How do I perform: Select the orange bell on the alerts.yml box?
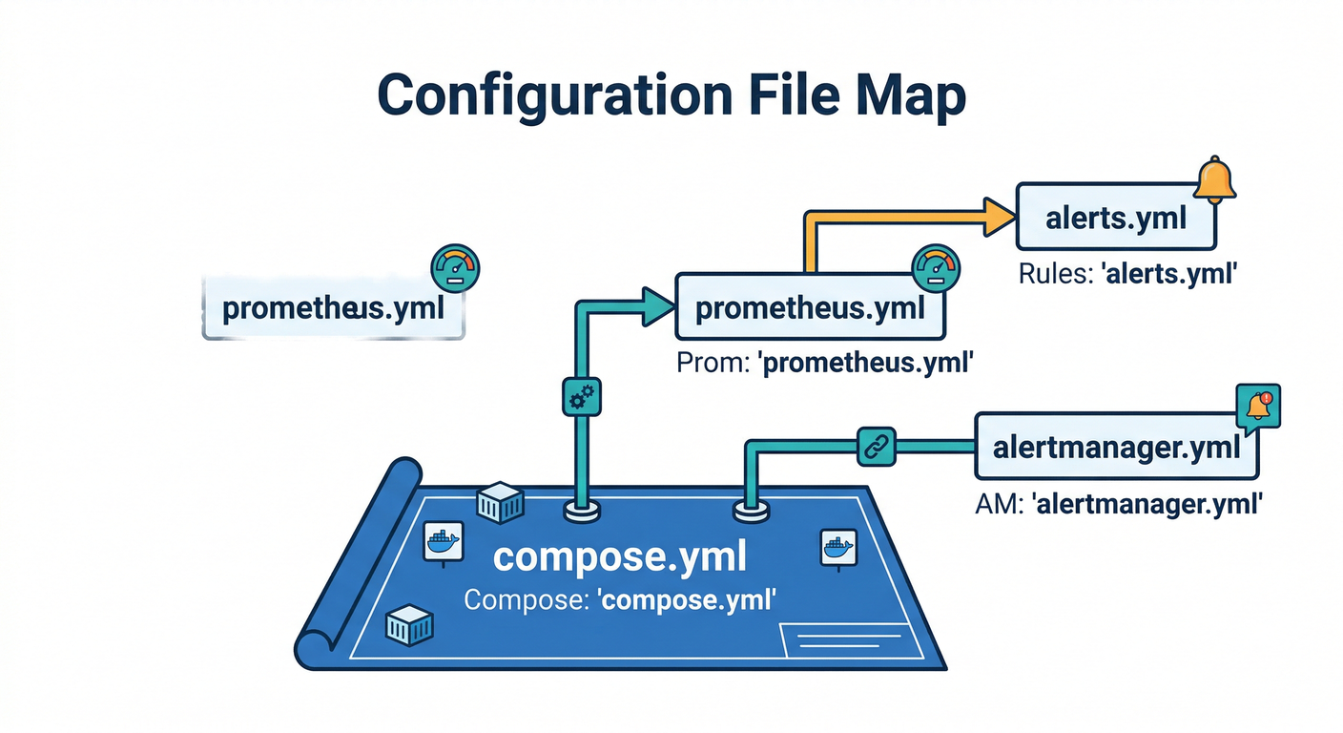pyautogui.click(x=1214, y=180)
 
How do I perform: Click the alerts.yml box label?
pyautogui.click(x=1116, y=218)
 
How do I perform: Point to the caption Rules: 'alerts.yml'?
pyautogui.click(x=1127, y=274)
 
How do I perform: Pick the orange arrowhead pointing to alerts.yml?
pyautogui.click(x=1000, y=216)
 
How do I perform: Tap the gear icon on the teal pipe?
pyautogui.click(x=582, y=397)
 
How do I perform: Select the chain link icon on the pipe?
pyautogui.click(x=877, y=446)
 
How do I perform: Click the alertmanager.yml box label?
pyautogui.click(x=1117, y=447)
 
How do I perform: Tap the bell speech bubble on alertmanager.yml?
pyautogui.click(x=1257, y=406)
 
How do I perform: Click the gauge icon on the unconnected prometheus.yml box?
pyautogui.click(x=455, y=268)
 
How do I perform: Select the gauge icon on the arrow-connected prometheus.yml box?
pyautogui.click(x=935, y=268)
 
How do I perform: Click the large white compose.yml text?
pyautogui.click(x=619, y=558)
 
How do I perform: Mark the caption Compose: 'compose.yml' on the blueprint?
pyautogui.click(x=619, y=602)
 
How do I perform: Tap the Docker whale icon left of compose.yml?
pyautogui.click(x=443, y=542)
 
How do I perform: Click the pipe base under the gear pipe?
pyautogui.click(x=582, y=512)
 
